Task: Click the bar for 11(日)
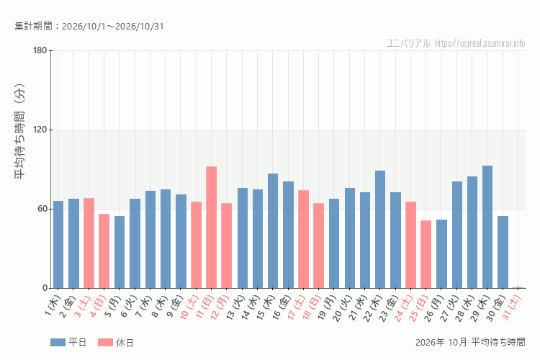coord(212,228)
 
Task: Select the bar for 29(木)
coord(487,227)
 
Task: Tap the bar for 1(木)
coord(58,245)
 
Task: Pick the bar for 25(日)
coord(426,254)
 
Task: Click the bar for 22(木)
coord(380,230)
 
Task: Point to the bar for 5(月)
coord(120,252)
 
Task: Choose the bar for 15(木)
coord(273,231)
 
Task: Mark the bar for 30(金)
coord(503,252)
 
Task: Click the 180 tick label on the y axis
coord(40,50)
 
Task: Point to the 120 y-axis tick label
coord(40,130)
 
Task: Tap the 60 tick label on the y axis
coord(42,209)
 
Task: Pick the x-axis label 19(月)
coord(328,307)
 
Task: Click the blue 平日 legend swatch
coord(58,342)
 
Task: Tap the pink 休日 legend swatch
coord(105,342)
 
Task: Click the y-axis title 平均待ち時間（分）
coord(20,131)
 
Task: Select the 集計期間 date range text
coord(89,26)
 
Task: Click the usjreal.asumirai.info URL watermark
coord(480,43)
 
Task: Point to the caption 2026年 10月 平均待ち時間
coord(470,342)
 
